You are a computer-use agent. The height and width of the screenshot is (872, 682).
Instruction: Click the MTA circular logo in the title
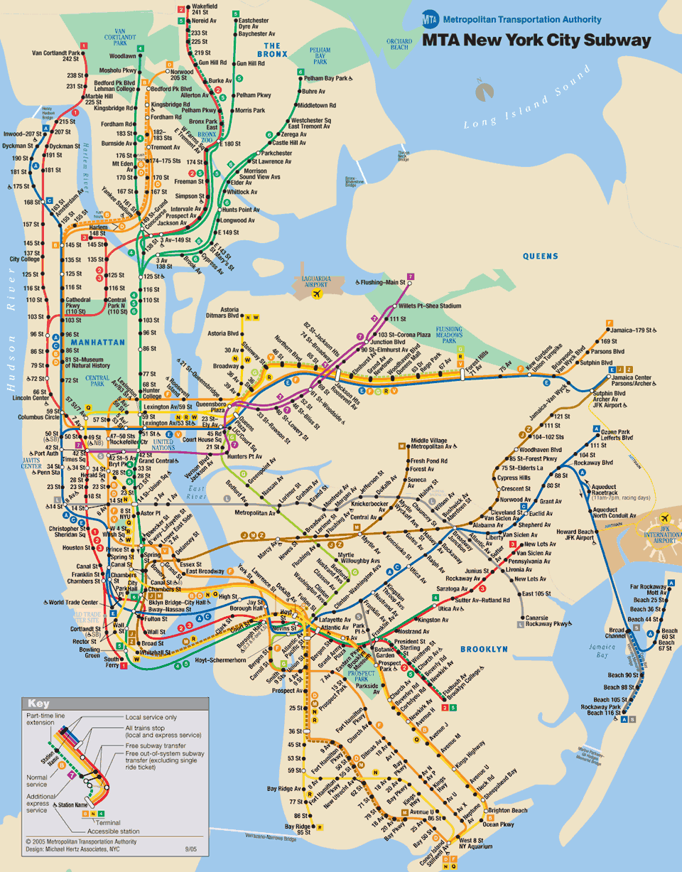click(431, 19)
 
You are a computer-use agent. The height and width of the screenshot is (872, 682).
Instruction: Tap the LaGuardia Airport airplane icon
click(317, 293)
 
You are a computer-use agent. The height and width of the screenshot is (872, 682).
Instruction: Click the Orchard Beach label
click(399, 44)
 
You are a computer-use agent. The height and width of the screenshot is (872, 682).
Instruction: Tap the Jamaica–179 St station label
click(637, 330)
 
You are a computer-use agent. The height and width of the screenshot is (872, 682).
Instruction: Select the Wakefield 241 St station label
click(205, 9)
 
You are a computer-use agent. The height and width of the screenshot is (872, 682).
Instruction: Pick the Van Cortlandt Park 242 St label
click(56, 56)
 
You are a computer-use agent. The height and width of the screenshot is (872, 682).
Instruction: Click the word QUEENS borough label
click(541, 256)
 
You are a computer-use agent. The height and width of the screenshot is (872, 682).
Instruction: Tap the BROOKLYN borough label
click(484, 649)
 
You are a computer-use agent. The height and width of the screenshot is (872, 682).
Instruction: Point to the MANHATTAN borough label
click(98, 342)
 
